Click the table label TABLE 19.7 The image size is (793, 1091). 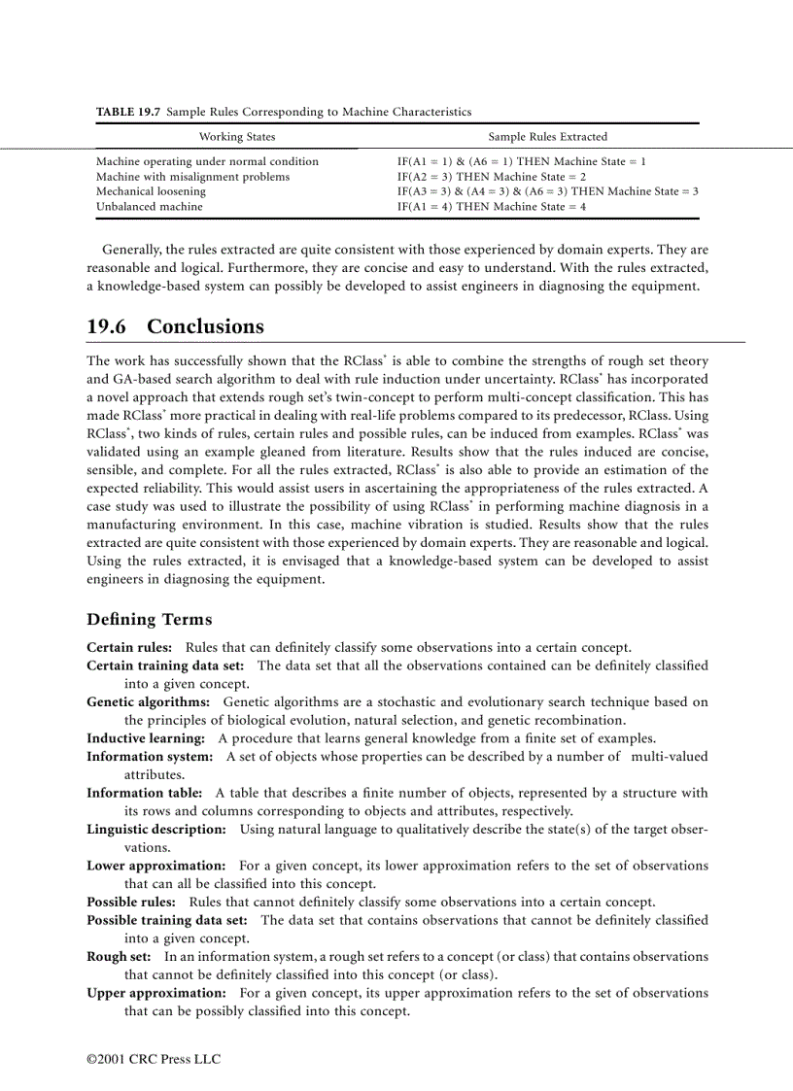pos(128,113)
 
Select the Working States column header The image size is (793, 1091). pos(236,137)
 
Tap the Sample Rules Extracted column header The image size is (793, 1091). pos(547,137)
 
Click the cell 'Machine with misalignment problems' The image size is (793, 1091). pos(192,177)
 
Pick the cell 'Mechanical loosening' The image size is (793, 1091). pos(151,191)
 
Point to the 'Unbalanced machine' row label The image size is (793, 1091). pos(149,206)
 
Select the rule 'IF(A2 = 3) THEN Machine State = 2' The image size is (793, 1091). pos(491,177)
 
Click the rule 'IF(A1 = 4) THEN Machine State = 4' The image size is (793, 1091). pos(491,206)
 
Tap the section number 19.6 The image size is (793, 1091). pos(106,326)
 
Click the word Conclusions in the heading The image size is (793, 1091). pos(205,326)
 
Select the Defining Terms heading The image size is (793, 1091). pos(149,620)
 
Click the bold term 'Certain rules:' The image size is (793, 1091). pos(129,647)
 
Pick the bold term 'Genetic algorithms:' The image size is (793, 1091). pos(148,701)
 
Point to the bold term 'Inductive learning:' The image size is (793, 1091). pos(146,738)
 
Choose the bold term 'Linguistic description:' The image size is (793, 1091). pos(156,829)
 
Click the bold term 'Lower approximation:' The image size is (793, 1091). pos(156,866)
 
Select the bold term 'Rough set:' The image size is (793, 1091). pos(121,957)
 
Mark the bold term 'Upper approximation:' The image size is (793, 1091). pos(156,993)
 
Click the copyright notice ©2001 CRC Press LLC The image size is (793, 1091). pos(154,1058)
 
